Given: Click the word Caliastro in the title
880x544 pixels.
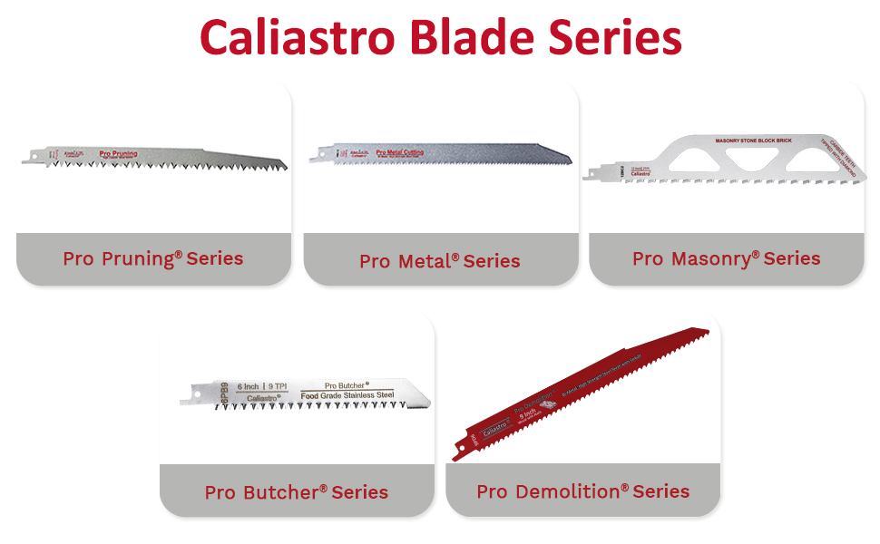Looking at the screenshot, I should (297, 38).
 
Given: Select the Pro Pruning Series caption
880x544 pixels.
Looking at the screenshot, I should (153, 258).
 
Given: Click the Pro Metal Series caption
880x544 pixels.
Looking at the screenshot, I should (440, 261).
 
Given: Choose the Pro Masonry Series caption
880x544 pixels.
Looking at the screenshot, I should (727, 258).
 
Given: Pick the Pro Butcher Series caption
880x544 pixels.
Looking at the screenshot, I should (297, 492).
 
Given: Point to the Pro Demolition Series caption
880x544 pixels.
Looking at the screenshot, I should (583, 491).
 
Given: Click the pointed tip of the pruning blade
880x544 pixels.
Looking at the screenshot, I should (283, 164).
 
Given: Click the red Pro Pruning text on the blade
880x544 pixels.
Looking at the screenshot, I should (119, 154).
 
